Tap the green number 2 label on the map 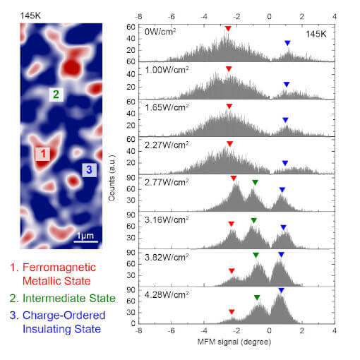pos(56,94)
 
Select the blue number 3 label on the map pos(88,169)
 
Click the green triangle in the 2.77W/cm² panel pos(255,183)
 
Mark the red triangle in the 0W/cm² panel pos(227,29)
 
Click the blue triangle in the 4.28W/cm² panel pos(281,291)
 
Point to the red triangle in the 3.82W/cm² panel pos(232,270)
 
